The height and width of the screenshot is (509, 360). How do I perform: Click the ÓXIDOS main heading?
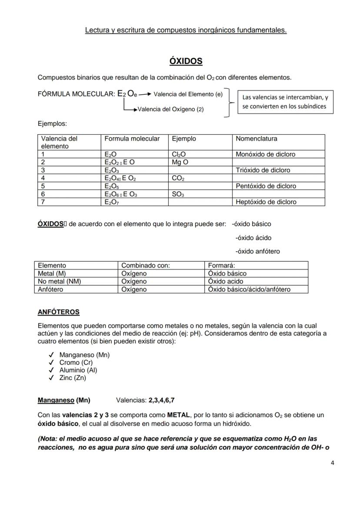click(x=186, y=61)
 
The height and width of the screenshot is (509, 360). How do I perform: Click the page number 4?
click(x=332, y=462)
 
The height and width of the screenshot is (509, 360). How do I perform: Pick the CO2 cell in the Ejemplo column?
click(x=178, y=178)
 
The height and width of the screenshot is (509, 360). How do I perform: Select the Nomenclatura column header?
click(x=256, y=139)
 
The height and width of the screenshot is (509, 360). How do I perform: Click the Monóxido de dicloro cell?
click(x=265, y=154)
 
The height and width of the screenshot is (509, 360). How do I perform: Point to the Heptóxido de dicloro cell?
click(x=266, y=202)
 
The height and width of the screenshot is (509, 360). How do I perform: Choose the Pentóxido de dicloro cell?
click(x=266, y=186)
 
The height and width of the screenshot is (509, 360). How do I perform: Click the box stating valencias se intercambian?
click(x=285, y=102)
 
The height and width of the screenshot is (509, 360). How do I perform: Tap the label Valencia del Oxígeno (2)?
click(x=170, y=109)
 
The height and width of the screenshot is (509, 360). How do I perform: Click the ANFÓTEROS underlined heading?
click(x=59, y=312)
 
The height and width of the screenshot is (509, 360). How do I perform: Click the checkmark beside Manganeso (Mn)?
click(x=51, y=355)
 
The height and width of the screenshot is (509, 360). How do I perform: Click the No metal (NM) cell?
click(x=60, y=281)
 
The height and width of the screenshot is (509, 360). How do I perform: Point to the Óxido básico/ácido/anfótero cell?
click(x=249, y=289)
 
